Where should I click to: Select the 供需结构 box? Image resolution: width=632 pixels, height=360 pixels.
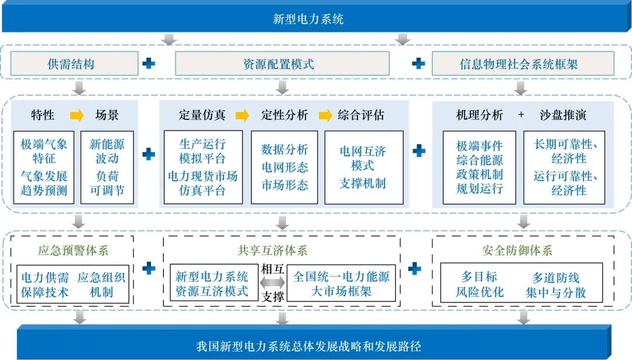tap(74, 64)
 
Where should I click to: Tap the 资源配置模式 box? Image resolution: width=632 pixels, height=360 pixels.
tap(282, 64)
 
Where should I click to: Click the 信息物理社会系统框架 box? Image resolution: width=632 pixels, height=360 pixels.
tap(523, 64)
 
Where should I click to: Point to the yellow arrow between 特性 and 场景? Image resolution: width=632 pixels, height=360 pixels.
tap(77, 115)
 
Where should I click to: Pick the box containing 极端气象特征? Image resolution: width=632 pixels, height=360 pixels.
tap(44, 167)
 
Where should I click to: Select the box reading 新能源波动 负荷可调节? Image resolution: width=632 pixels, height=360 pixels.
tap(107, 167)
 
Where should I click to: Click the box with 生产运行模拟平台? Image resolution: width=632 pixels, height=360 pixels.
tap(202, 167)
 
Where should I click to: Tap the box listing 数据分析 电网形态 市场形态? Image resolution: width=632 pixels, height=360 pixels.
tap(284, 167)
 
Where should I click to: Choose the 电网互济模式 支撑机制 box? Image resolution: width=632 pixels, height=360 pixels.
tap(363, 167)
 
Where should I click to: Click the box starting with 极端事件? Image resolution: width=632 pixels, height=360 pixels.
tap(479, 167)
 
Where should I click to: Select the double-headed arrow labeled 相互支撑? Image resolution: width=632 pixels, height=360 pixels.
tap(273, 283)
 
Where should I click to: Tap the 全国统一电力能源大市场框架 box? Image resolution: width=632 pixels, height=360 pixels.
tap(341, 283)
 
